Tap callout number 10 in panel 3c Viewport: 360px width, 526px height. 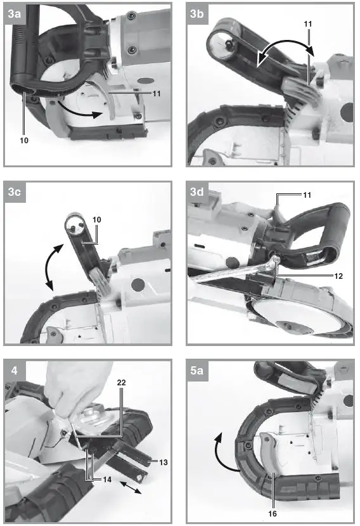[97, 219]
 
